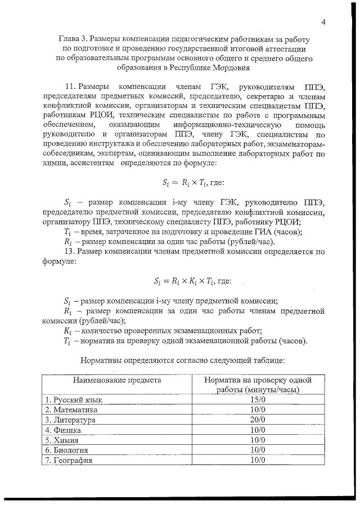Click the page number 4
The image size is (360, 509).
tap(324, 22)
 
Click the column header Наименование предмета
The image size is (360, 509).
tap(116, 380)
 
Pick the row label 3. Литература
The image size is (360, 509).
tap(70, 420)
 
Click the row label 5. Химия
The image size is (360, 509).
tap(62, 440)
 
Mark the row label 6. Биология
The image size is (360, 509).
tap(67, 450)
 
